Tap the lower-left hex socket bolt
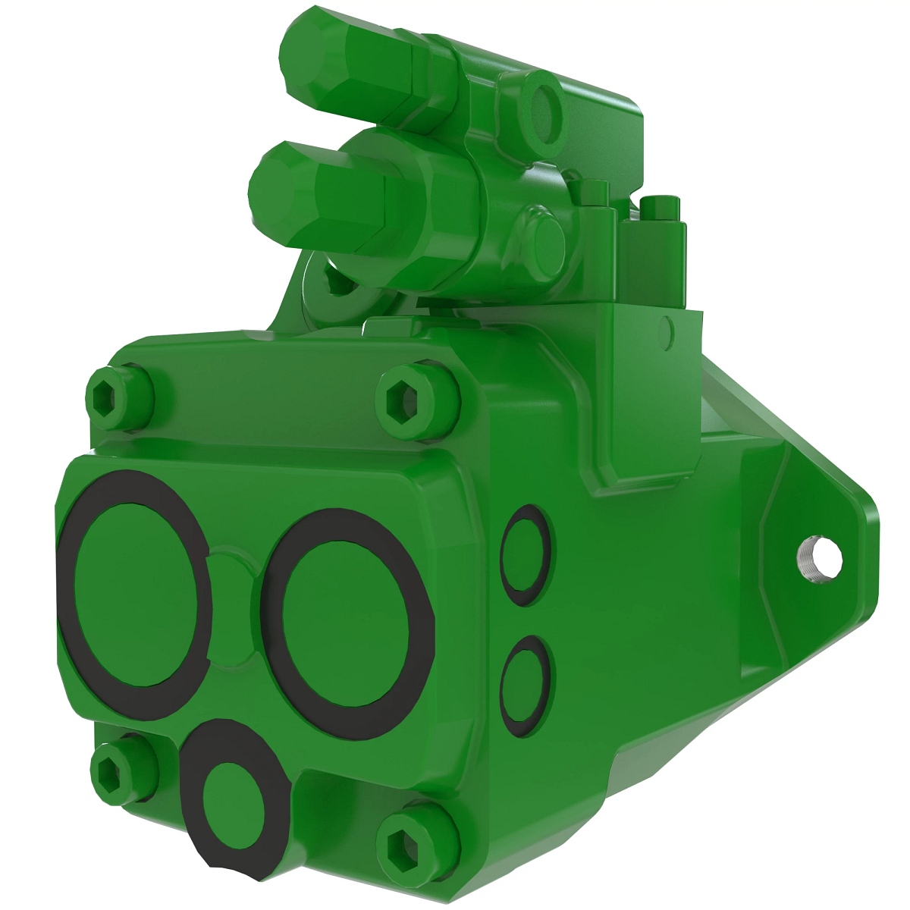point(114,770)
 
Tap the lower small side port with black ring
point(526,679)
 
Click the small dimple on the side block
point(667,328)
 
